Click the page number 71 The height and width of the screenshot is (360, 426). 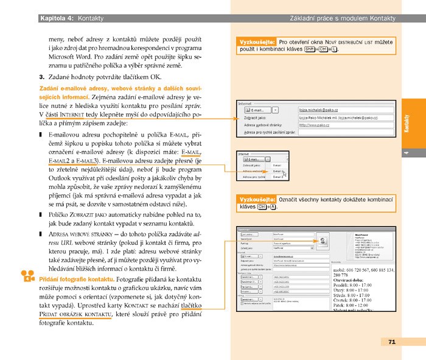coord(392,342)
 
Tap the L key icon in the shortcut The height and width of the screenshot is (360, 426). coord(335,51)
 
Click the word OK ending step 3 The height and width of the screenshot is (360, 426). coord(156,77)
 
